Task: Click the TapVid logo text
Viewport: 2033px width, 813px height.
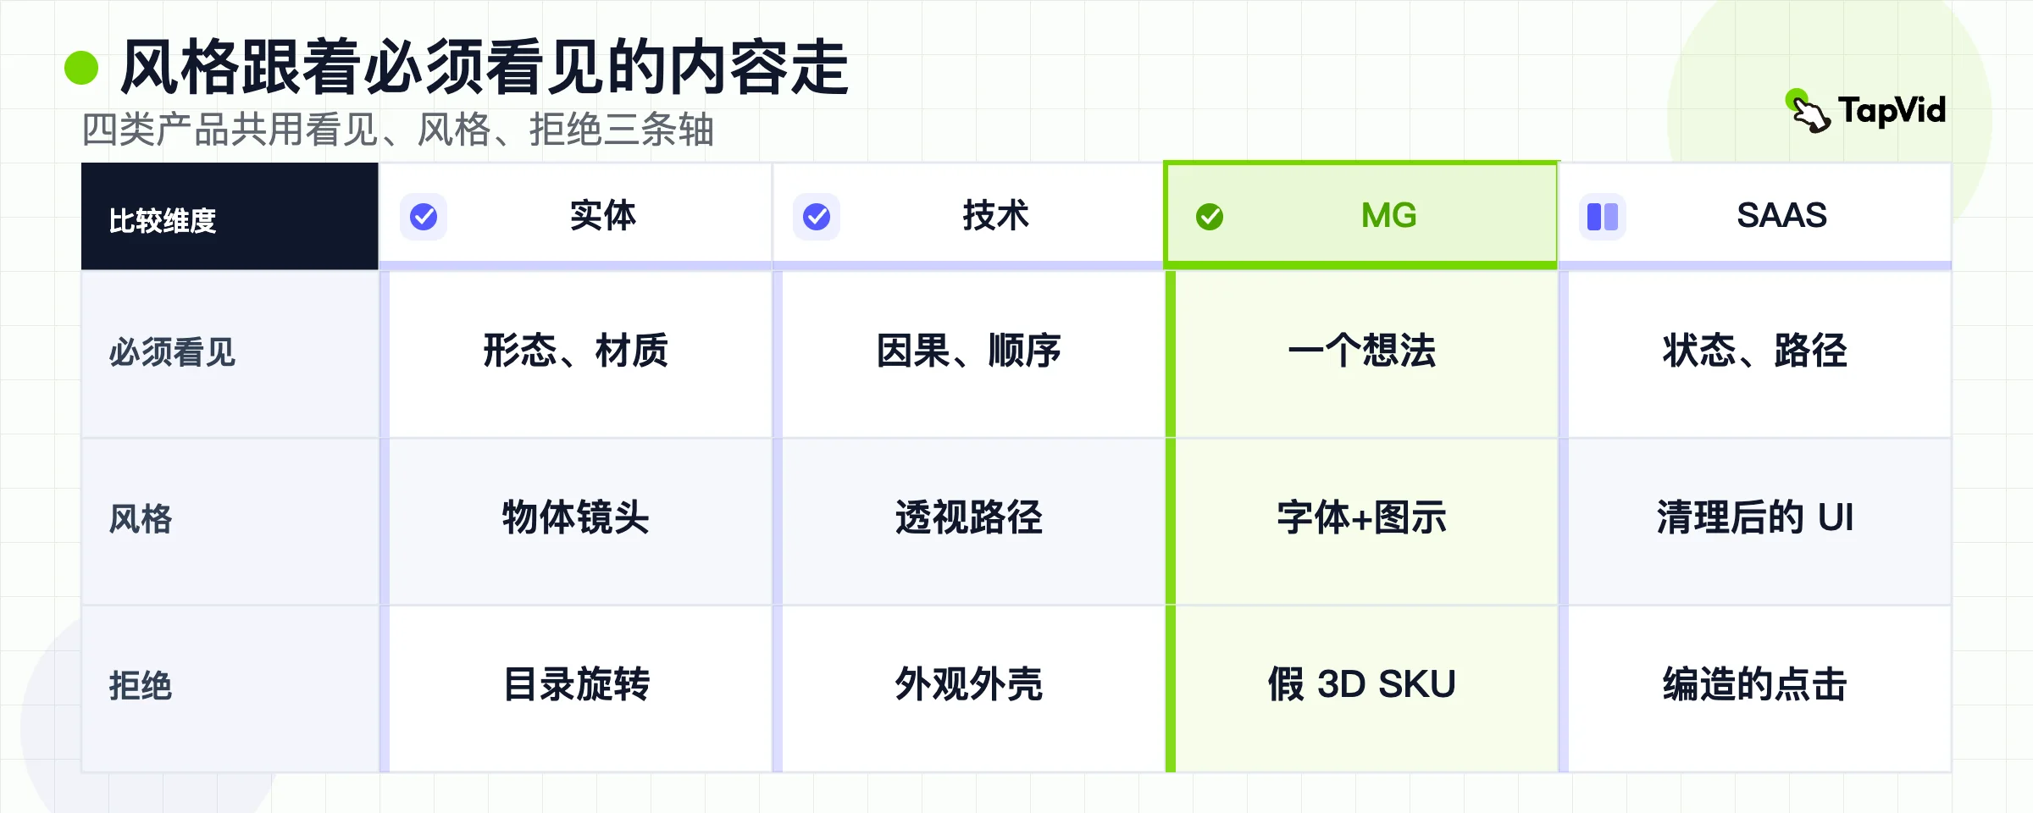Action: click(x=1892, y=111)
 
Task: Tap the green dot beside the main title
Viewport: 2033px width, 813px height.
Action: click(x=81, y=68)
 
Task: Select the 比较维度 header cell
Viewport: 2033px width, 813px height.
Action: click(x=230, y=217)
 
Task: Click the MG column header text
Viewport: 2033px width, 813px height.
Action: click(x=1389, y=215)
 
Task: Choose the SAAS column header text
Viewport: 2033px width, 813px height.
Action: click(x=1781, y=215)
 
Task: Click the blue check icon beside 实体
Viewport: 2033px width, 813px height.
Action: click(x=424, y=217)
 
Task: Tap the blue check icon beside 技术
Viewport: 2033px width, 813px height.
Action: click(x=817, y=217)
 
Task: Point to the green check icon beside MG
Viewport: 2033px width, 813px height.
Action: click(x=1210, y=217)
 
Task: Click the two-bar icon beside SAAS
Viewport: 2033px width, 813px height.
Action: click(x=1603, y=217)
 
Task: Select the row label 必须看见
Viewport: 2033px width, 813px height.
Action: click(x=172, y=352)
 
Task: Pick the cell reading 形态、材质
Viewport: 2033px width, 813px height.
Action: click(x=576, y=351)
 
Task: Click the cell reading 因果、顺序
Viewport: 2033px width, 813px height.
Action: click(x=969, y=351)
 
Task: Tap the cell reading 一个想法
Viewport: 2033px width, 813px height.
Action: click(x=1362, y=351)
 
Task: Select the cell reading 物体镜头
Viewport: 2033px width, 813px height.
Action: click(x=576, y=517)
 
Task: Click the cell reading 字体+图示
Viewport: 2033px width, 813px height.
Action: click(x=1362, y=517)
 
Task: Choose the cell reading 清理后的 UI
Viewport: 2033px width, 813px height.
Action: click(x=1755, y=517)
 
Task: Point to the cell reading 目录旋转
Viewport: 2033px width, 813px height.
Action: click(x=576, y=684)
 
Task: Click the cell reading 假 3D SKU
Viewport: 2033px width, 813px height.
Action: click(x=1362, y=684)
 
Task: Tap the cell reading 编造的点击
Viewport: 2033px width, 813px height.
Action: click(x=1755, y=684)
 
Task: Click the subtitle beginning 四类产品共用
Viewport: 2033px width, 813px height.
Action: click(x=398, y=130)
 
